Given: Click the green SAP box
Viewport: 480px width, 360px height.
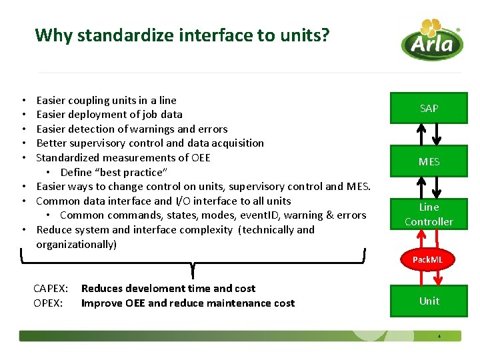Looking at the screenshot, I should (429, 108).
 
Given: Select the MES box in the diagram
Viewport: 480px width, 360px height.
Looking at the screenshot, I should (429, 161).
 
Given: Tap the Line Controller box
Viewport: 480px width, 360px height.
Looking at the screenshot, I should (429, 214).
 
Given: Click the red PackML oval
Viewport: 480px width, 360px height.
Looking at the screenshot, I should (427, 259).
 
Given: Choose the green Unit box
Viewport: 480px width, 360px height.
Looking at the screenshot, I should (429, 301).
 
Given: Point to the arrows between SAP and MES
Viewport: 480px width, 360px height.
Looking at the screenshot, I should (429, 135).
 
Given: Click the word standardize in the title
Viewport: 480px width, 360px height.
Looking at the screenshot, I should (114, 35).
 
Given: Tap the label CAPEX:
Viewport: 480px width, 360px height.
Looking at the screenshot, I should (51, 289).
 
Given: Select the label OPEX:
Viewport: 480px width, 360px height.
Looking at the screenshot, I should (49, 303).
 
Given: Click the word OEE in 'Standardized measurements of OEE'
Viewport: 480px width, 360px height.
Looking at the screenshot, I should (200, 158).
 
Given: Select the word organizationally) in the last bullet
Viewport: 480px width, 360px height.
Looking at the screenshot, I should (76, 245).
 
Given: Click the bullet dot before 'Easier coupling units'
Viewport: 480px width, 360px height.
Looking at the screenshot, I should (23, 101).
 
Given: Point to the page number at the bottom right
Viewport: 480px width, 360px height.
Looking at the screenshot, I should (439, 336).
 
